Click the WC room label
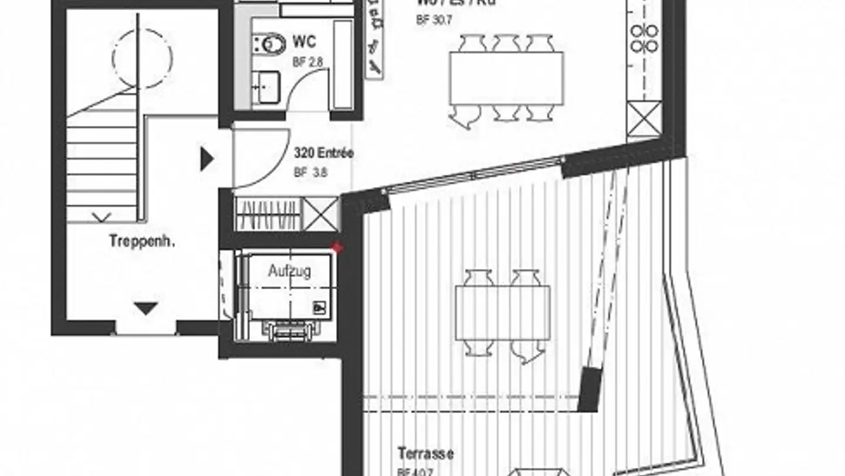(x=304, y=42)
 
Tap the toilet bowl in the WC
(x=272, y=43)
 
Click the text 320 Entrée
(x=323, y=154)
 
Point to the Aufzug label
(x=289, y=271)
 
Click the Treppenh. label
(x=134, y=241)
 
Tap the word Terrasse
(x=425, y=454)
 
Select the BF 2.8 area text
(x=307, y=63)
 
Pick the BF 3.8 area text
(x=310, y=173)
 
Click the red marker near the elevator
(x=337, y=248)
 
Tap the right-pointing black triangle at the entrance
(x=207, y=159)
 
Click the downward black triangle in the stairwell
(x=146, y=308)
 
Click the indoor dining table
(x=506, y=78)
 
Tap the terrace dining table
(x=503, y=313)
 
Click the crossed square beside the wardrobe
(x=320, y=214)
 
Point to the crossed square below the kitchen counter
(x=644, y=118)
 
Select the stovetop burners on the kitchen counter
(x=644, y=38)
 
